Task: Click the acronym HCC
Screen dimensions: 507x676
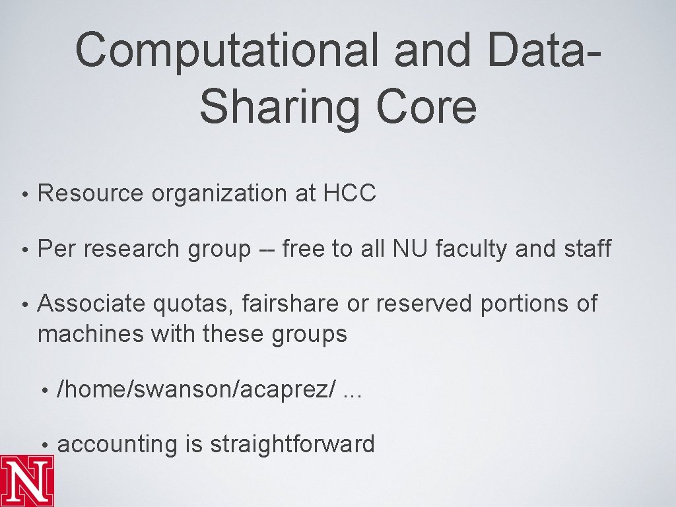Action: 350,193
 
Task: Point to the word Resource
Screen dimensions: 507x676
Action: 90,193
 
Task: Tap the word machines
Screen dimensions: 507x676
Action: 90,334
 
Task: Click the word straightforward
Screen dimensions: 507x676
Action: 292,444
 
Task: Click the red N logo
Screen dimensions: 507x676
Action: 27,480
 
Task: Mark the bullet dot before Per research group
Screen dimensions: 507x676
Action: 24,250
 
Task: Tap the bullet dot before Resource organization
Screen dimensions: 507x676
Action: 24,194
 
